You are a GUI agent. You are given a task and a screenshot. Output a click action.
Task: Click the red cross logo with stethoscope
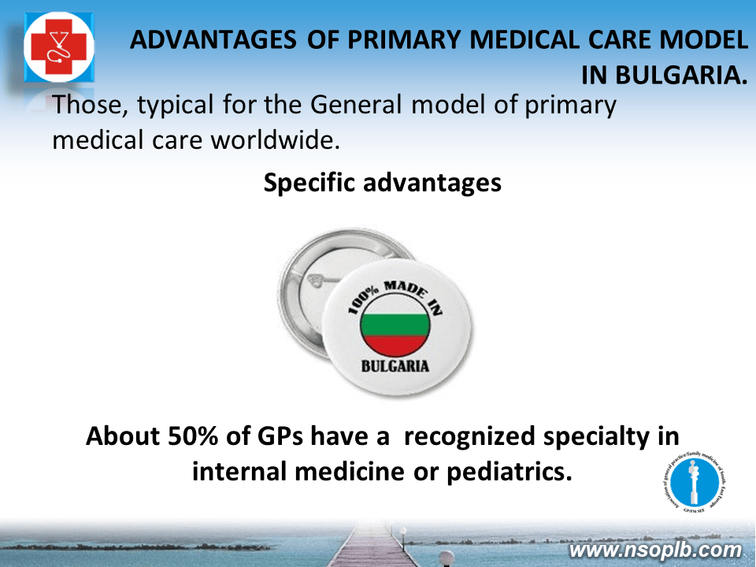click(x=59, y=46)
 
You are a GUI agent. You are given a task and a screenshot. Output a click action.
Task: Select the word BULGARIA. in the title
click(x=665, y=76)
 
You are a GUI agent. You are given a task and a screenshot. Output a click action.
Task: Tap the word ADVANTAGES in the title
click(x=213, y=40)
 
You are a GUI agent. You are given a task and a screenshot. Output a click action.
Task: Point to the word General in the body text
click(x=356, y=105)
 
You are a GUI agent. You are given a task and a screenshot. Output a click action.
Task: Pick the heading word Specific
click(x=309, y=183)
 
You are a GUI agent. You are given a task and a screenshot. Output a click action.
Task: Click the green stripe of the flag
click(x=395, y=324)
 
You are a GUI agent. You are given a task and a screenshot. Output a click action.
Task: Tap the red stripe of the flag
click(x=395, y=345)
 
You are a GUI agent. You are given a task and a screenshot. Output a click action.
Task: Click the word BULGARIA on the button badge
click(x=395, y=366)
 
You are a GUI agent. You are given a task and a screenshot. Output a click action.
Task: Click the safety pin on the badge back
click(x=318, y=281)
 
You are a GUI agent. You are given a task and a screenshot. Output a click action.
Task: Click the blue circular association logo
click(x=695, y=483)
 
